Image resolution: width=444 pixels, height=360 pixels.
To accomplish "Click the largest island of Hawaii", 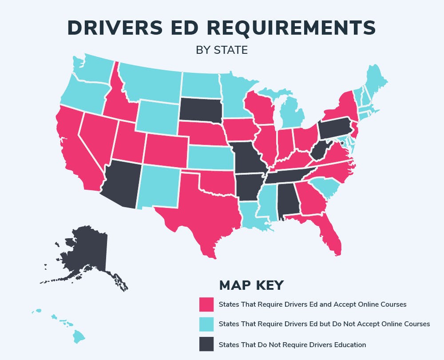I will tap(79, 336).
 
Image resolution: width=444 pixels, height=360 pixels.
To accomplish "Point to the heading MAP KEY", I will tap(251, 285).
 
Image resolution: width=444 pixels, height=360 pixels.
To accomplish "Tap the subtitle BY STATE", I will tap(222, 50).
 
